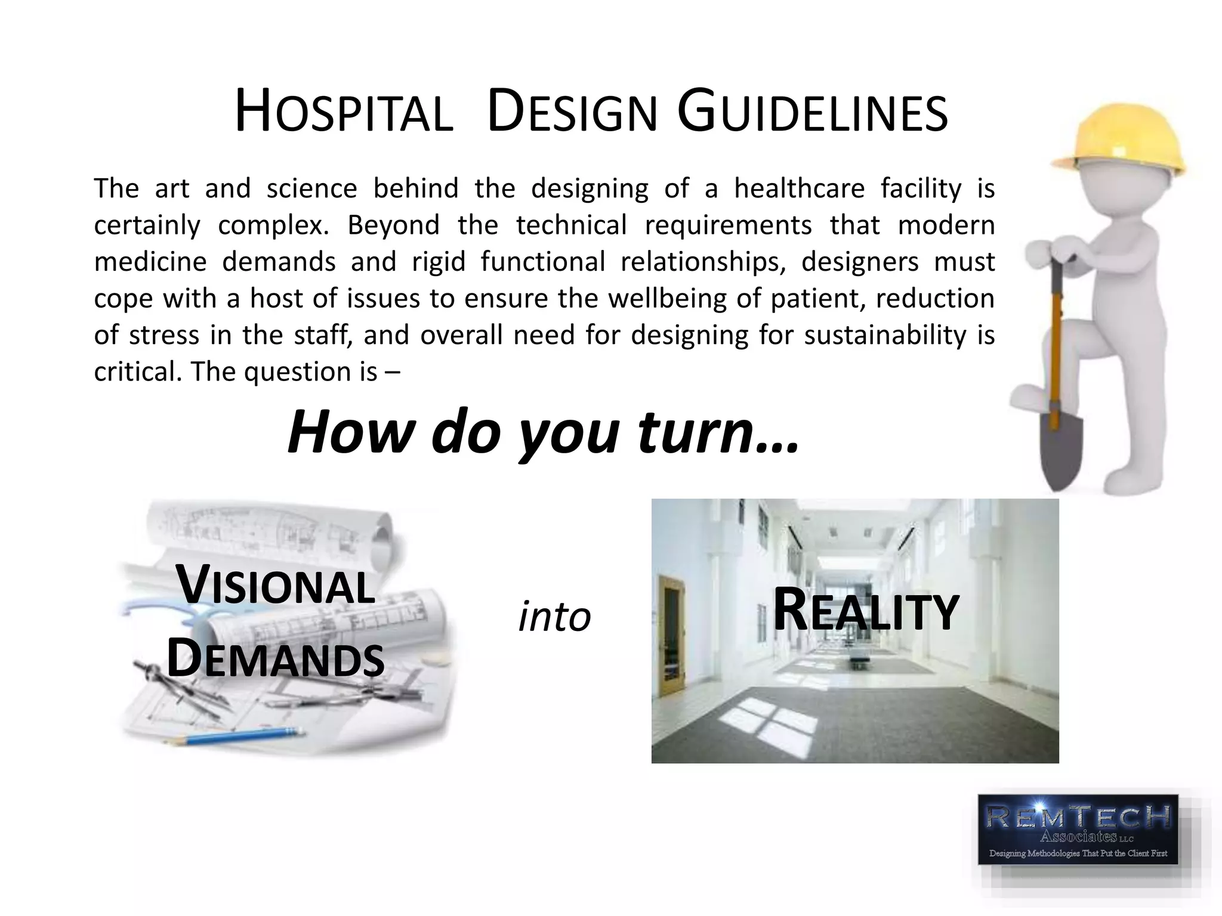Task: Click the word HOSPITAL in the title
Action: coord(343,112)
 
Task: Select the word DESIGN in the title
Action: coord(572,112)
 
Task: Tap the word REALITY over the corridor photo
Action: coord(865,611)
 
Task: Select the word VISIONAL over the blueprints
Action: coord(276,586)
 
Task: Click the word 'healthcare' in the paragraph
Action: coord(799,188)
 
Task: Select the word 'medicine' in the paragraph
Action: coord(150,262)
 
